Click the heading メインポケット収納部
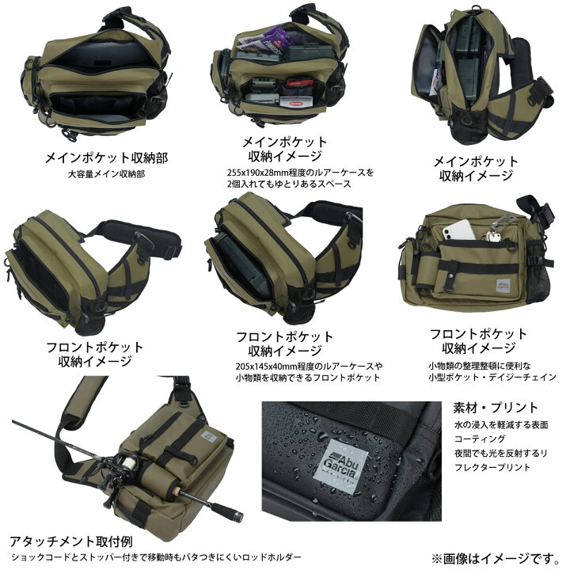[106, 158]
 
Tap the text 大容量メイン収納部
[107, 174]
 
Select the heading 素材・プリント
[495, 408]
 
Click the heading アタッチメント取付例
[71, 541]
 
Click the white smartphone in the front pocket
[458, 230]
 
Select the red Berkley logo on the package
[296, 103]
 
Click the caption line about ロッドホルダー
[156, 557]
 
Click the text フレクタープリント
[492, 467]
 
